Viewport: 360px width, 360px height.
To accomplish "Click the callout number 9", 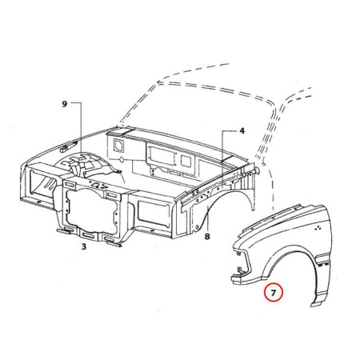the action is tap(64, 104).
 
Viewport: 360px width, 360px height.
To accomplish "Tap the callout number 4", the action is tap(242, 131).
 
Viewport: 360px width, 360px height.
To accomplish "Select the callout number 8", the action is tap(207, 236).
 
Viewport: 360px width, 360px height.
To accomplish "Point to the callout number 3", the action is tap(84, 246).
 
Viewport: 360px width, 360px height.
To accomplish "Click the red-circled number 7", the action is tap(273, 293).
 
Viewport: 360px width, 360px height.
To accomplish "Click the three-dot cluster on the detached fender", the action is tap(318, 228).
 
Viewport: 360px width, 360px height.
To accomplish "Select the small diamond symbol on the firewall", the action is tap(122, 159).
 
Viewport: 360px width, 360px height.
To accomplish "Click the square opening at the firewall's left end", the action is tap(118, 146).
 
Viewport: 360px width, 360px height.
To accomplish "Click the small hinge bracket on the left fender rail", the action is tap(68, 146).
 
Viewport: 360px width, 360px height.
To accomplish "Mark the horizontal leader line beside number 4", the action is tap(230, 131).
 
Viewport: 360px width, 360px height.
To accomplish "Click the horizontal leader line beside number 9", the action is tap(75, 102).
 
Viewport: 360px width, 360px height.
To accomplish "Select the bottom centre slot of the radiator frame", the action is tap(90, 235).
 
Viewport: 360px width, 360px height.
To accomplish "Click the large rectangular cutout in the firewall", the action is tap(162, 155).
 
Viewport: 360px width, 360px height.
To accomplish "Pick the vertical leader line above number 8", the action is tap(207, 218).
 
